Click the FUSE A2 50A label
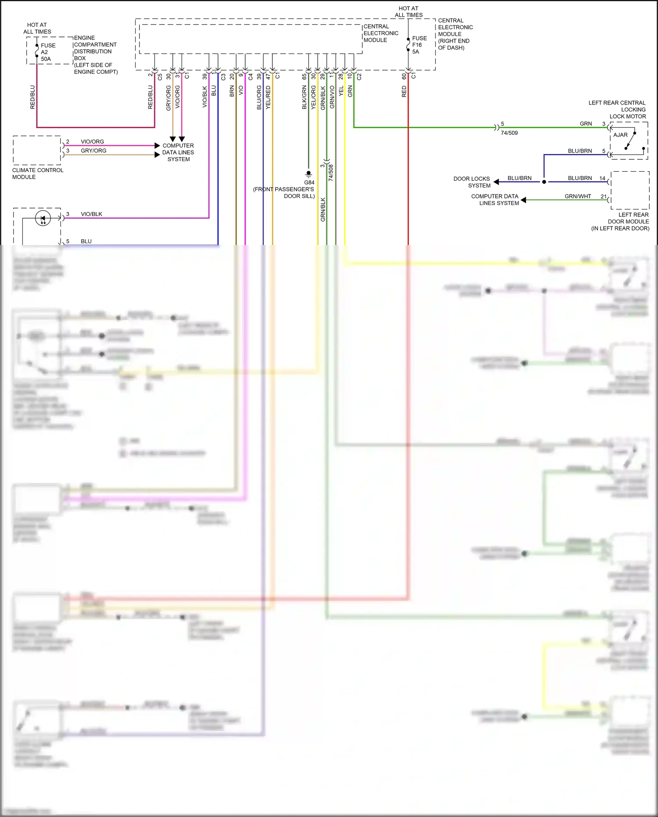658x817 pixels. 47,52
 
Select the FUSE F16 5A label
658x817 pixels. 419,45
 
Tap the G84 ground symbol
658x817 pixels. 308,174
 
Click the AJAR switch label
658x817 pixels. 620,135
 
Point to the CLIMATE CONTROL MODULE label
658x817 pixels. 37,173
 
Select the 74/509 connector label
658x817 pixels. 509,133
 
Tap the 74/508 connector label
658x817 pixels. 331,173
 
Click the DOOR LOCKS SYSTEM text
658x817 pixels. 472,182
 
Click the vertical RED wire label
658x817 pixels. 404,91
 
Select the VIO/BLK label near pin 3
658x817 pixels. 91,214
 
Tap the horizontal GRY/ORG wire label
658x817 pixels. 93,151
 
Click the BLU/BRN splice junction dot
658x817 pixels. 544,182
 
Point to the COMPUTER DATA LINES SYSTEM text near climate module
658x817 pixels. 178,152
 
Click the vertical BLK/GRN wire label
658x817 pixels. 304,97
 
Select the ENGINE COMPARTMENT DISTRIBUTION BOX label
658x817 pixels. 95,54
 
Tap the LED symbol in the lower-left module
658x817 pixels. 43,218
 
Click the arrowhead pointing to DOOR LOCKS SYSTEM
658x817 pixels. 497,182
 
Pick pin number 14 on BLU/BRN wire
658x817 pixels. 602,178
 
